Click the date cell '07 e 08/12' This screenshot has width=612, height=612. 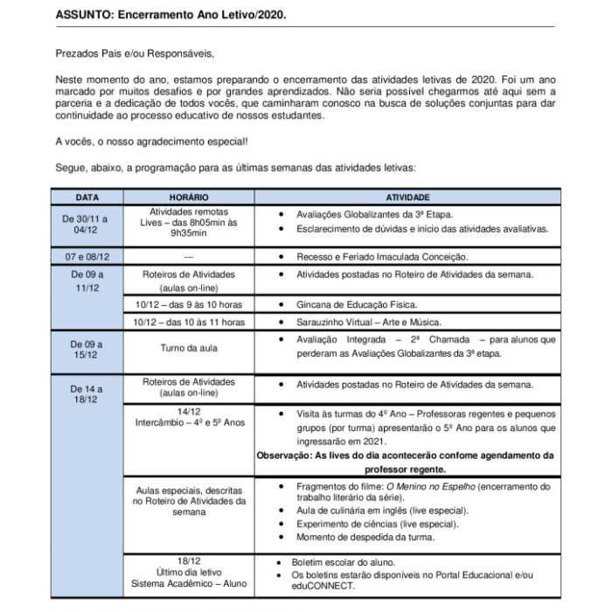click(86, 258)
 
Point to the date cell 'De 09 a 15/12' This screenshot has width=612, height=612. click(86, 350)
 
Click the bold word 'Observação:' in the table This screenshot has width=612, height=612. click(289, 456)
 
